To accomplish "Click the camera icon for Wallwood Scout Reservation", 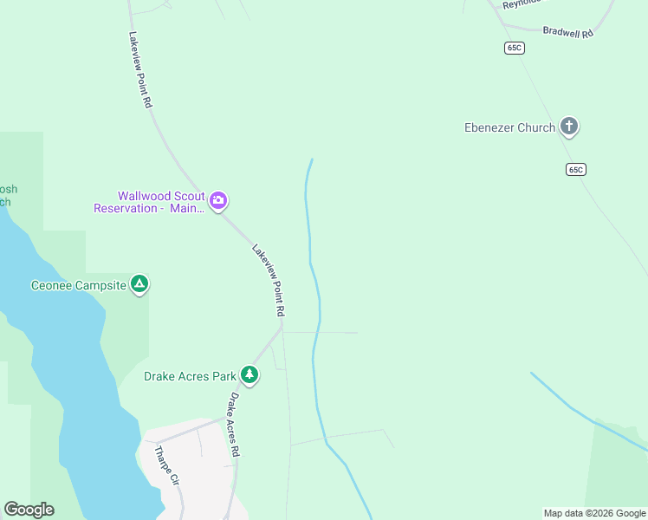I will pyautogui.click(x=218, y=202).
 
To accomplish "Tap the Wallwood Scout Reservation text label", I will pyautogui.click(x=149, y=202).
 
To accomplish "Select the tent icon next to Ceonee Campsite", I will pyautogui.click(x=139, y=284).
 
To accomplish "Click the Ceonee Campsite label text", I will pyautogui.click(x=78, y=285).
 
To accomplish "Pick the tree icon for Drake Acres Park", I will pyautogui.click(x=249, y=374).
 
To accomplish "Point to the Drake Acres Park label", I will pyautogui.click(x=190, y=377).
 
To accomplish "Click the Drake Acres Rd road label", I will pyautogui.click(x=234, y=425).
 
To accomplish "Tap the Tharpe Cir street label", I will pyautogui.click(x=165, y=466).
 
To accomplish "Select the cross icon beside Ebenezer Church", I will pyautogui.click(x=569, y=127).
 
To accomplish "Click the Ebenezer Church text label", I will pyautogui.click(x=509, y=128).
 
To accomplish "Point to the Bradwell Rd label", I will pyautogui.click(x=567, y=32).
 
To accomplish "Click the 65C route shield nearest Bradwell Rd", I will pyautogui.click(x=515, y=48).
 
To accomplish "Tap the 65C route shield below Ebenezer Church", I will pyautogui.click(x=576, y=170).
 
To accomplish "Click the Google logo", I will pyautogui.click(x=29, y=510).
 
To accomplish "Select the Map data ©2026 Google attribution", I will pyautogui.click(x=594, y=513).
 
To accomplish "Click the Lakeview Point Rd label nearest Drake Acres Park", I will pyautogui.click(x=269, y=279).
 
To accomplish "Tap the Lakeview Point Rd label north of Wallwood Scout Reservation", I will pyautogui.click(x=140, y=69).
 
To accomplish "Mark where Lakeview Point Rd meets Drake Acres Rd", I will pyautogui.click(x=282, y=328).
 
